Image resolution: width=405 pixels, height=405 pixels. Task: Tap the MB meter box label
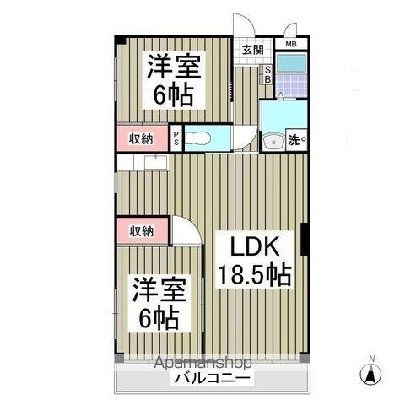[290, 44]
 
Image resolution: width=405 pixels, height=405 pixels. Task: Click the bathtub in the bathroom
[291, 65]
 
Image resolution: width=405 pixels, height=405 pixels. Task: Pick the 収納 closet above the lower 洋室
[141, 230]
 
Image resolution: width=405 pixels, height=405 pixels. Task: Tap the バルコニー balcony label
[211, 379]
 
